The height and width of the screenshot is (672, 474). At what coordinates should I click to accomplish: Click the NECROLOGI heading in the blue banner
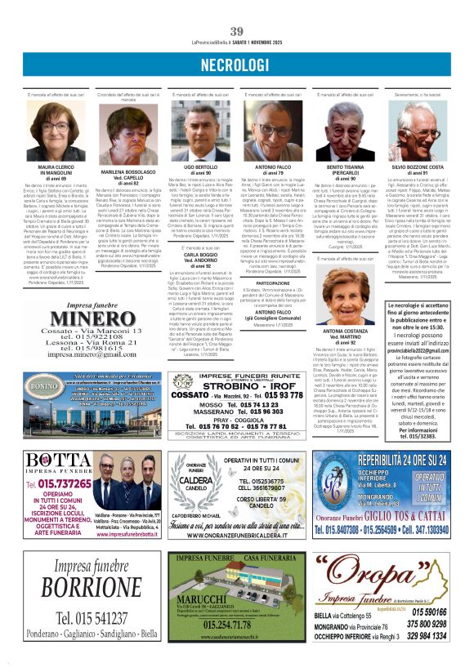click(237, 64)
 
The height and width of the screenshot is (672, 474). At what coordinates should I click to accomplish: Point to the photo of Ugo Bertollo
click(201, 131)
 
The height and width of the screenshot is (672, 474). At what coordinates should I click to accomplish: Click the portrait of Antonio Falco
click(273, 131)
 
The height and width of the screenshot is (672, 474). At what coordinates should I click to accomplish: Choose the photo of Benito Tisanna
click(344, 131)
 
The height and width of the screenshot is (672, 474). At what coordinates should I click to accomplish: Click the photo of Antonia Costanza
click(344, 294)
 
